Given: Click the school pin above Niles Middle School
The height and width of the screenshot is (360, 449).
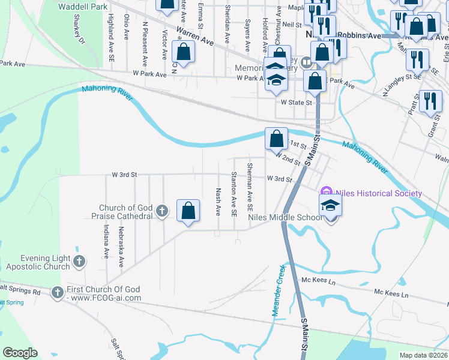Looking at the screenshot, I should tap(330, 205).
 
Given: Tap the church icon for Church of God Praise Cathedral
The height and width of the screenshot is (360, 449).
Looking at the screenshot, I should tap(161, 211).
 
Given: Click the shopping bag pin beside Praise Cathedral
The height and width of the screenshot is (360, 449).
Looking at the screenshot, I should tap(188, 211).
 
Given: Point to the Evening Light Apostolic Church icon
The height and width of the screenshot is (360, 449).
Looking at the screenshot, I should tap(79, 261).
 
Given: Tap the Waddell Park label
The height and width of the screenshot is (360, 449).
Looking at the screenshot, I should tap(83, 7).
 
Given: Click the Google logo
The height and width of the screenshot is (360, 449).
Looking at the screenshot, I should tap(20, 353).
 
